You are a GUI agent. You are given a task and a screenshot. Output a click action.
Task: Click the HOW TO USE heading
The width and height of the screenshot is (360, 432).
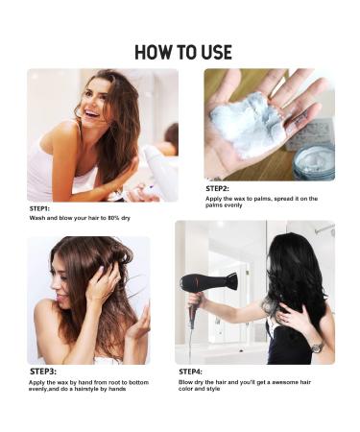[x=183, y=52]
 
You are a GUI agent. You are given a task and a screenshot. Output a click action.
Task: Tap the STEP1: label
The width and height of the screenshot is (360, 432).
[x=39, y=208]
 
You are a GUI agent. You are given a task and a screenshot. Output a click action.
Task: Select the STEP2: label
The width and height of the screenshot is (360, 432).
[x=217, y=189]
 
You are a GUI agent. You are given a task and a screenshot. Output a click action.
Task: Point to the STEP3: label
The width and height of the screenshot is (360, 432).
[x=43, y=372]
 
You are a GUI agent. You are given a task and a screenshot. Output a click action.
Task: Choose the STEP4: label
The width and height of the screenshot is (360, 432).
[x=190, y=372]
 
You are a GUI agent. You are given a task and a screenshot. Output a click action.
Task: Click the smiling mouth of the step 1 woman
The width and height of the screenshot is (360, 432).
[x=92, y=113]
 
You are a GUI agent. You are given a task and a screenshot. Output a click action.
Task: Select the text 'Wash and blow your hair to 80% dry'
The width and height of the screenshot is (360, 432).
[x=80, y=218]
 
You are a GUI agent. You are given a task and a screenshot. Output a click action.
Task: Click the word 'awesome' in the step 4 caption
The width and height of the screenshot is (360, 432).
[x=281, y=382]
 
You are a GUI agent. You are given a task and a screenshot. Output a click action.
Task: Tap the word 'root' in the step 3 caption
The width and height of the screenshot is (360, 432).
[x=114, y=382]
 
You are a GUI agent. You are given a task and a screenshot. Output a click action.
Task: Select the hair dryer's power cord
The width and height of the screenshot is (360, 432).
[x=191, y=339]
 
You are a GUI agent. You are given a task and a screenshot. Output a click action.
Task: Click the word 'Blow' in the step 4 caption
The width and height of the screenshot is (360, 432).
[x=185, y=382]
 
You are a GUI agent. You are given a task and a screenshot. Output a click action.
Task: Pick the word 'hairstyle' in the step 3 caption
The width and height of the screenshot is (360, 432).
[x=86, y=389]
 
